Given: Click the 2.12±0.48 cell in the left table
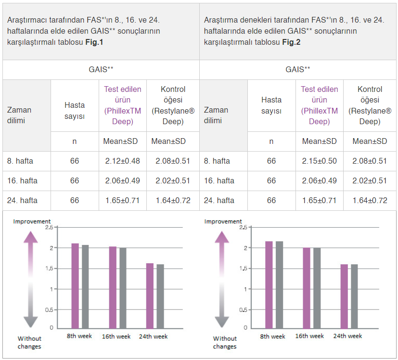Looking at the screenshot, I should point(122,161).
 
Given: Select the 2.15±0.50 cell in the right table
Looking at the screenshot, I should point(319,161).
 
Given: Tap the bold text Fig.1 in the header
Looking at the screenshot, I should point(94,42).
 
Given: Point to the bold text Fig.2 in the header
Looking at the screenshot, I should point(291,42).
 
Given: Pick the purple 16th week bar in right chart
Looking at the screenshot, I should point(307,288).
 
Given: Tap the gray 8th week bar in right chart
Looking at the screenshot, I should point(279,284).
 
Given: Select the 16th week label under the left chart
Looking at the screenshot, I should point(116,336).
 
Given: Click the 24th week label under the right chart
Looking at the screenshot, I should point(347,336).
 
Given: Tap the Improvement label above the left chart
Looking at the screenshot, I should point(32,221).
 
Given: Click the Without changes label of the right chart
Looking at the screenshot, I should point(225,342).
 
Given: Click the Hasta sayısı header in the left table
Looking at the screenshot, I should point(75,111).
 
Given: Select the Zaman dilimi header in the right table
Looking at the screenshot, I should point(216,116).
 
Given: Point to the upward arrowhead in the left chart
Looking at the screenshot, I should point(31,237).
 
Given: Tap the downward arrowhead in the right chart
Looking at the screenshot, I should point(222,321).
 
